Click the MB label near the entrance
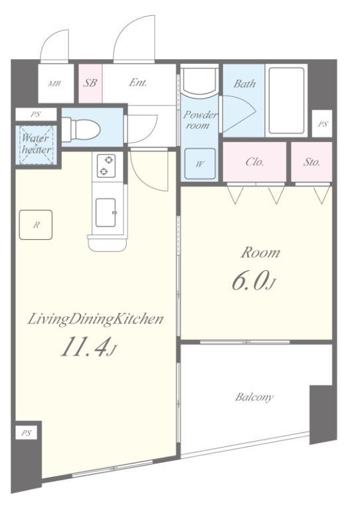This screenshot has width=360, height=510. (x=54, y=84)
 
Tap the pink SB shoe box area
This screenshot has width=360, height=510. (x=90, y=83)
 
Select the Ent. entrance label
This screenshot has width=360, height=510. (x=138, y=82)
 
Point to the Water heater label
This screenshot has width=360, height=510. (x=36, y=143)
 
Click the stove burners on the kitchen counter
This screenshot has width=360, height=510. (x=106, y=165)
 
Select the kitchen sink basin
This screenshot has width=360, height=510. (x=106, y=212)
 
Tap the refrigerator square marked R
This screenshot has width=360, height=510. (x=36, y=224)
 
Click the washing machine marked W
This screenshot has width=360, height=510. (x=200, y=163)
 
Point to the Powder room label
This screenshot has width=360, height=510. (x=200, y=120)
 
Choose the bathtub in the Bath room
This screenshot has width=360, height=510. (x=286, y=100)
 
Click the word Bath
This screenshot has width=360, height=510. (x=244, y=84)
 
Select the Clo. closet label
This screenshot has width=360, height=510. (x=255, y=161)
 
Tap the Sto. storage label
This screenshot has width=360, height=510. (x=312, y=161)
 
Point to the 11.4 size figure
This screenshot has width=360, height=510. (x=87, y=347)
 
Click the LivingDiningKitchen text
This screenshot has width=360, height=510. (x=95, y=319)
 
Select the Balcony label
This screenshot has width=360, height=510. (x=254, y=397)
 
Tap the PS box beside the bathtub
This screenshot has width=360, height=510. (x=322, y=124)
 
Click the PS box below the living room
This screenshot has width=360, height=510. (x=27, y=433)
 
